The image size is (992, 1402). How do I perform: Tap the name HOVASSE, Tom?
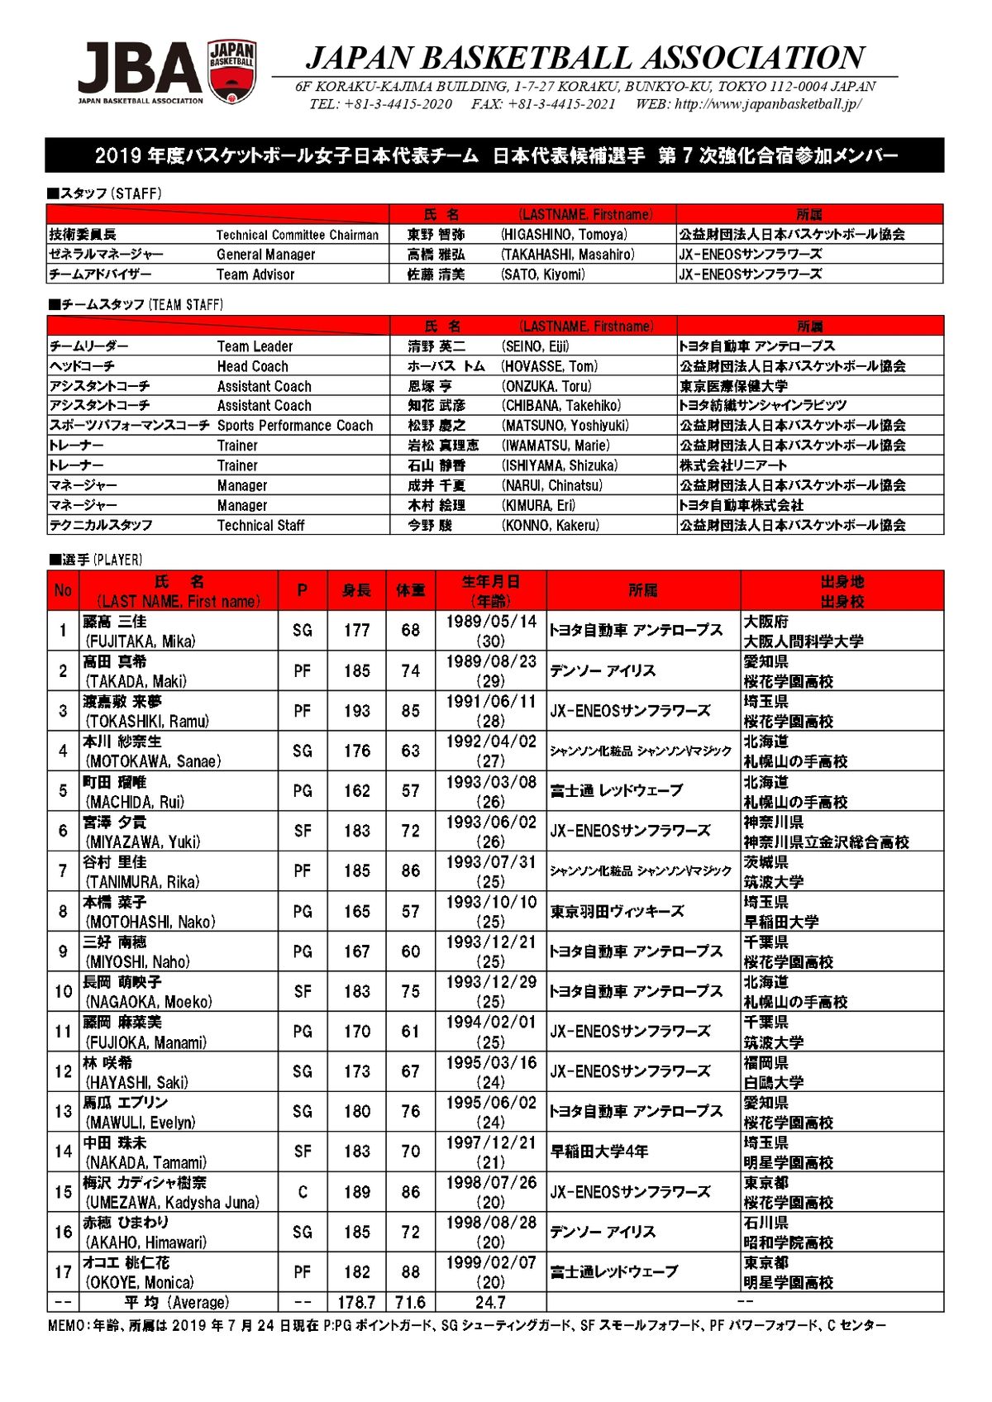[x=549, y=366]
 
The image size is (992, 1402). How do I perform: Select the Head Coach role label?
[x=253, y=366]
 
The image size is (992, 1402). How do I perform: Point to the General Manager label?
[x=265, y=255]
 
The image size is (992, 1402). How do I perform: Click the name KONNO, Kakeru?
[x=550, y=525]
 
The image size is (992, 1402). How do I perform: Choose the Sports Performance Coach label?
[x=295, y=426]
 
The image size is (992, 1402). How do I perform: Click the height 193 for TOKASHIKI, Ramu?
[x=357, y=711]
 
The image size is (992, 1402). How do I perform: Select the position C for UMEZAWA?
[x=303, y=1192]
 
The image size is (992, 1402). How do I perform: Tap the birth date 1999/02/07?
[x=491, y=1262]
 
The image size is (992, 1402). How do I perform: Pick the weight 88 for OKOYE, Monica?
[x=411, y=1272]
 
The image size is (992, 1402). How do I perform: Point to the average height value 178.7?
[x=356, y=1302]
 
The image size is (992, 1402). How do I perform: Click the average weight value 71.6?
[x=410, y=1302]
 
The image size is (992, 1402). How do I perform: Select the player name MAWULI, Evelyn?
[x=141, y=1123]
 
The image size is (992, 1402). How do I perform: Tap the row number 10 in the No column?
[x=64, y=991]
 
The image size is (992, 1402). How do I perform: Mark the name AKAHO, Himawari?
[x=146, y=1242]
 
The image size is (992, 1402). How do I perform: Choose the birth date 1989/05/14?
[x=491, y=621]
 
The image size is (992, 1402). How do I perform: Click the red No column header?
[x=63, y=590]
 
